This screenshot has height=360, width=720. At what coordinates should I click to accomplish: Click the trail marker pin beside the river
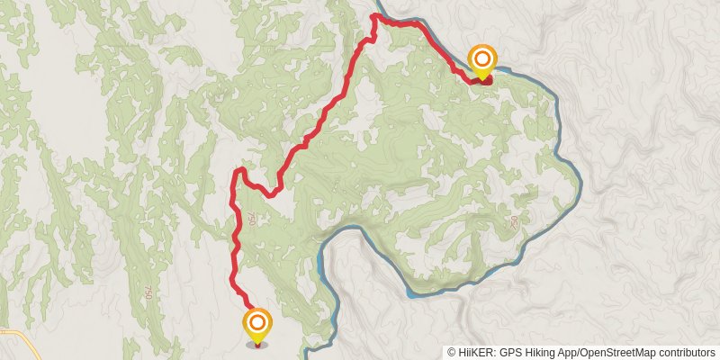click(x=483, y=61)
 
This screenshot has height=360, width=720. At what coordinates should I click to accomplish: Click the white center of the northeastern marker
click(x=483, y=59)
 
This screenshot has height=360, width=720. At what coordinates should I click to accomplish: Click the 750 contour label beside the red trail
click(x=251, y=219)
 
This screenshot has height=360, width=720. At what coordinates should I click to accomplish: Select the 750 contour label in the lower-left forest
click(x=146, y=292)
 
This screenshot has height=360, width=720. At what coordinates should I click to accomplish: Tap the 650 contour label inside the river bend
click(x=515, y=221)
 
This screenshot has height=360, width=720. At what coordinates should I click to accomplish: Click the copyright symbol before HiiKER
click(x=452, y=353)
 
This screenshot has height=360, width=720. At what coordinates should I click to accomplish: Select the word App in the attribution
click(x=576, y=353)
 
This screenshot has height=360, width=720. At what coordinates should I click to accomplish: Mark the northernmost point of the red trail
click(x=375, y=15)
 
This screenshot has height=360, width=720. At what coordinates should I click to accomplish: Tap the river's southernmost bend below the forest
click(x=414, y=292)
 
